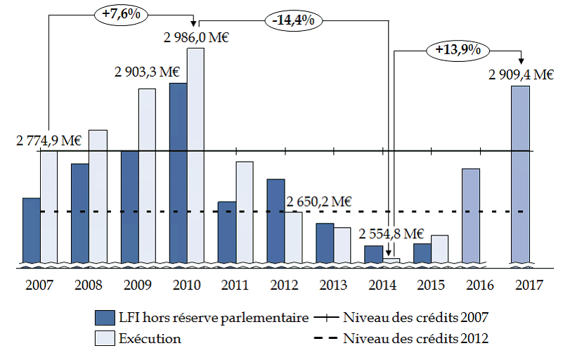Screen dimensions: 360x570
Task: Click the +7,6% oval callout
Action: coord(117,15)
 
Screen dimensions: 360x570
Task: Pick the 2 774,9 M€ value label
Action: coord(49,141)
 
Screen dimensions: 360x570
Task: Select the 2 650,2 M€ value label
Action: coord(318,201)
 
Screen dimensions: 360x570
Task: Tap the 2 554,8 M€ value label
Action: coord(391,234)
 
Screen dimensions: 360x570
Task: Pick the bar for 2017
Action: coord(521,176)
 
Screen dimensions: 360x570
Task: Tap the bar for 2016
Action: coord(471,217)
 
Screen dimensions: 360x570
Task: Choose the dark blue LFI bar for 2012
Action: coord(276,222)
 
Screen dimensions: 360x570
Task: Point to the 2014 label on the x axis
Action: coord(382,286)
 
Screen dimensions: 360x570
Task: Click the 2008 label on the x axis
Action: coord(89,286)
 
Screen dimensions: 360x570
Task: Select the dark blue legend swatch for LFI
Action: coord(103,319)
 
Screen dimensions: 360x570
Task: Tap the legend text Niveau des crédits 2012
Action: coord(416,338)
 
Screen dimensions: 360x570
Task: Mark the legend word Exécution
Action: coord(149,339)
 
